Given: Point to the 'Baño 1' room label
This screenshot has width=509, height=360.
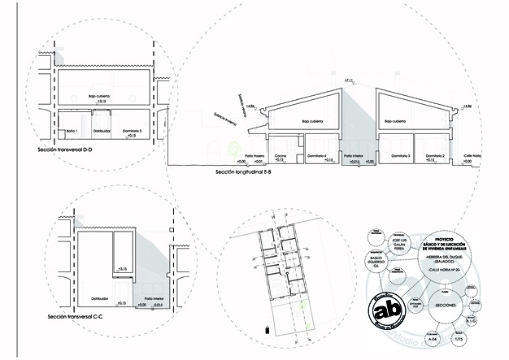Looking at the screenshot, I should [71, 130].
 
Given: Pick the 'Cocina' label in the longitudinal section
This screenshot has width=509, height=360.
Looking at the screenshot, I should [279, 155].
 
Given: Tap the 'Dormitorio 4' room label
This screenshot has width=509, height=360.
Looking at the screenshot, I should [318, 155].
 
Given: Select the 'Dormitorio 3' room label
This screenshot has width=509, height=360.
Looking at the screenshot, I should [399, 155].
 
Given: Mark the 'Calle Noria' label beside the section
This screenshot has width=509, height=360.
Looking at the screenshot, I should [472, 155].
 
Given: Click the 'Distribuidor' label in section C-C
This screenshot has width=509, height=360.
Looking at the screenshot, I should [95, 286].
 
